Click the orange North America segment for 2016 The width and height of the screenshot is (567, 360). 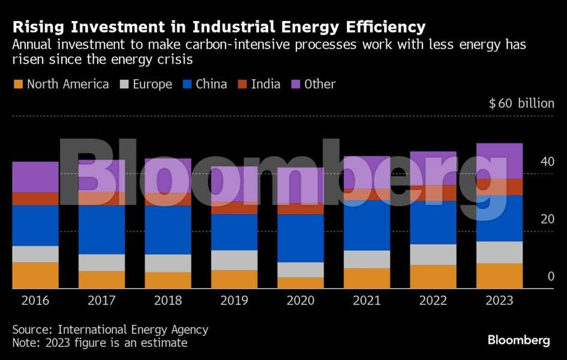[x=35, y=275]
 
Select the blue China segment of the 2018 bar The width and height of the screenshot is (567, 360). [x=168, y=230]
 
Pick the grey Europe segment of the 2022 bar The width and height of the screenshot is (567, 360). [x=433, y=254]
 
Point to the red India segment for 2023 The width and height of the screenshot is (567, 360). [x=499, y=187]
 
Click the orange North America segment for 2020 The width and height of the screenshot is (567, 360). [x=301, y=283]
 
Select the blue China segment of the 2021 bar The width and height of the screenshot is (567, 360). [x=367, y=225]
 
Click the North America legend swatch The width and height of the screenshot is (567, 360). [x=17, y=85]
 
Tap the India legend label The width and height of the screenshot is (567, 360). [x=265, y=84]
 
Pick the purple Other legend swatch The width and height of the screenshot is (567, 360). [x=295, y=85]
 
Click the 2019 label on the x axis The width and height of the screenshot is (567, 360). [x=235, y=299]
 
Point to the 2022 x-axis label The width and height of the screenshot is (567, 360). [x=433, y=299]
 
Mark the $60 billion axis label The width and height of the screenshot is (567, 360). [x=521, y=103]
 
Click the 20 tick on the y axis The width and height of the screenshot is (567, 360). [x=547, y=219]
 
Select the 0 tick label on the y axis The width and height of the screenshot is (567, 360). [x=550, y=277]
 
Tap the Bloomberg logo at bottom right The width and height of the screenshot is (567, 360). [x=518, y=340]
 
